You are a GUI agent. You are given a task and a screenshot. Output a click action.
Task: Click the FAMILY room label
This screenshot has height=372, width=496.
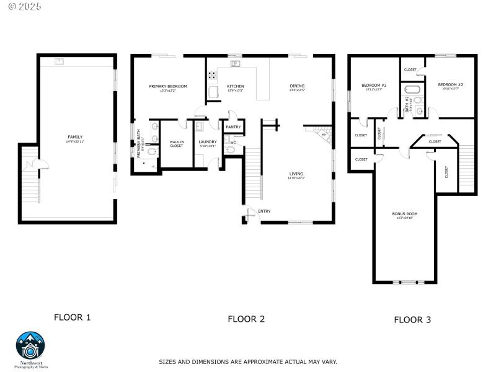75,137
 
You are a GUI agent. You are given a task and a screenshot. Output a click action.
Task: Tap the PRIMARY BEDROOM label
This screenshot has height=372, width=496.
167,86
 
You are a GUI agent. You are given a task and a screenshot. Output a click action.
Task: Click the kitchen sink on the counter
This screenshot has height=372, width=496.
235,63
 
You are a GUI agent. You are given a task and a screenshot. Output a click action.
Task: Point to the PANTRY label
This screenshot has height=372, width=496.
233,127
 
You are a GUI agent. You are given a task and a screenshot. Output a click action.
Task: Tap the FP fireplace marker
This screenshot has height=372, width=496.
323,135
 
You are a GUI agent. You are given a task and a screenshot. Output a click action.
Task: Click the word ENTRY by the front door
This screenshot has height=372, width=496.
265,211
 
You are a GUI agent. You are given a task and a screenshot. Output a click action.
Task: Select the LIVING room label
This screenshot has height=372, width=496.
296,174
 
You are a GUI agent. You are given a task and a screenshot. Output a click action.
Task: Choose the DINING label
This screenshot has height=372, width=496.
298,86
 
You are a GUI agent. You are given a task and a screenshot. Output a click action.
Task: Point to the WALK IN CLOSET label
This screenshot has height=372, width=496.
177,143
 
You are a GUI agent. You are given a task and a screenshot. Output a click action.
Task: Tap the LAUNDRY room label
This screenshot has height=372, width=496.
207,142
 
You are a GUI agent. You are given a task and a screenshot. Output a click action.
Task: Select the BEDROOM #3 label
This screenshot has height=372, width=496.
374,85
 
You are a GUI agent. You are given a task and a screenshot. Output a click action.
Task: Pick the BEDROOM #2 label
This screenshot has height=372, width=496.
450,84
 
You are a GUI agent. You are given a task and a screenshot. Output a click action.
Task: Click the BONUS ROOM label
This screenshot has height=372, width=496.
404,213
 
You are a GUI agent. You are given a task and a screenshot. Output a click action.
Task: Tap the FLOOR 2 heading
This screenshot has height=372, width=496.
246,319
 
